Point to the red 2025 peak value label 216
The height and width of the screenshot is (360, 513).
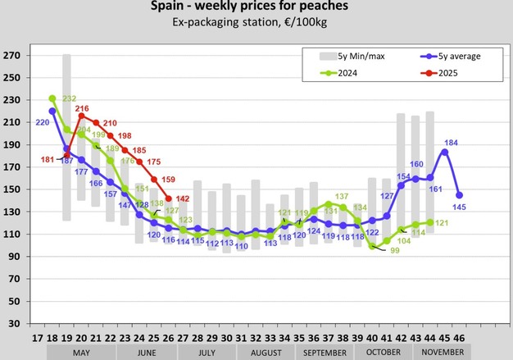tap(82, 108)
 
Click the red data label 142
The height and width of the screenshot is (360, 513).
tap(184, 198)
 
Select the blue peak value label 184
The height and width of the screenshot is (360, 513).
tap(452, 144)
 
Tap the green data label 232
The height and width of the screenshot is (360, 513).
tap(68, 99)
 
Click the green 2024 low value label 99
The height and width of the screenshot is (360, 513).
tap(394, 249)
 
